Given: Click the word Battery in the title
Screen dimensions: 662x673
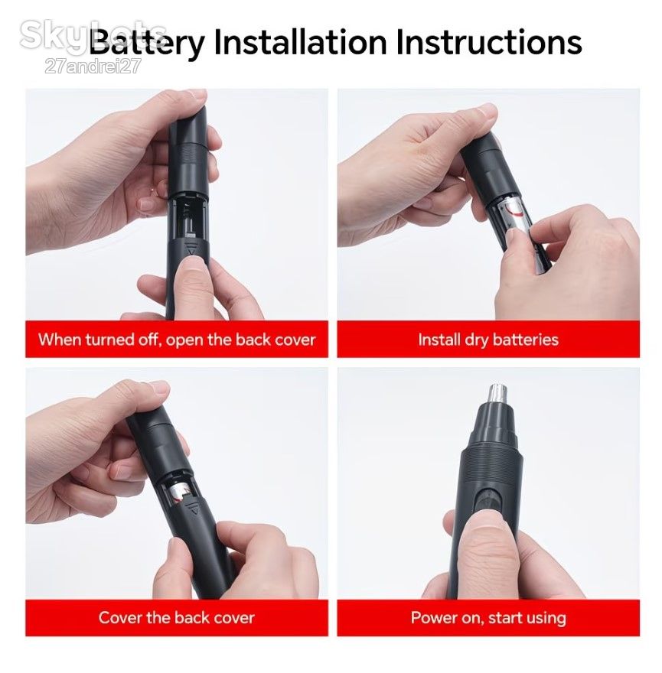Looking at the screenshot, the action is (x=147, y=43).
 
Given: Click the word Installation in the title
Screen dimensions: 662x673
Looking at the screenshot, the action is (x=300, y=42).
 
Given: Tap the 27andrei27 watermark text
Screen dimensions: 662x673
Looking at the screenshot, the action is (x=93, y=67).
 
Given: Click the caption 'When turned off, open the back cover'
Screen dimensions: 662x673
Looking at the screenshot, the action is (x=177, y=340).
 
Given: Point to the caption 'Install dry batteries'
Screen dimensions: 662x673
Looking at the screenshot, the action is (x=488, y=340).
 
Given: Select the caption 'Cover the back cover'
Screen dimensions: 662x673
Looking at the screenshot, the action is (x=176, y=618).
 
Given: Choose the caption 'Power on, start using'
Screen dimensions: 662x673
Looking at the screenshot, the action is (x=488, y=618).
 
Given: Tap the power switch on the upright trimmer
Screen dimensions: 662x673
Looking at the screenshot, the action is (x=488, y=500).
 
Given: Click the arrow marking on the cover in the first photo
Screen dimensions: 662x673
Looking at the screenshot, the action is (x=191, y=250).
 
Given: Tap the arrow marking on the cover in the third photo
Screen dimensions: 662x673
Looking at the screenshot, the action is (x=194, y=510).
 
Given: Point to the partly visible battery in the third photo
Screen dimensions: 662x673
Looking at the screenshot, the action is (x=178, y=492).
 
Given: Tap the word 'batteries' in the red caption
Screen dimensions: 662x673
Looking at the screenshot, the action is (x=525, y=340).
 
